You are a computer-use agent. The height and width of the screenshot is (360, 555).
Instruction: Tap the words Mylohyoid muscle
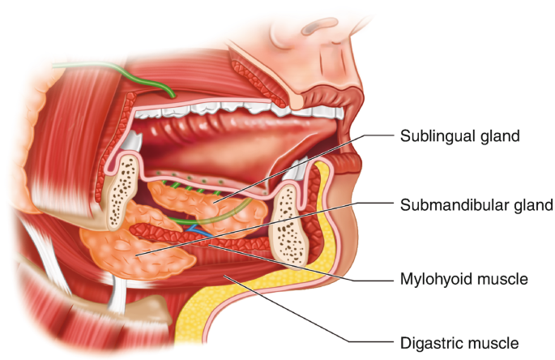click(x=463, y=280)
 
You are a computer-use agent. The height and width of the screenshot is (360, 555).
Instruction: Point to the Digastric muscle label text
click(x=459, y=342)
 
